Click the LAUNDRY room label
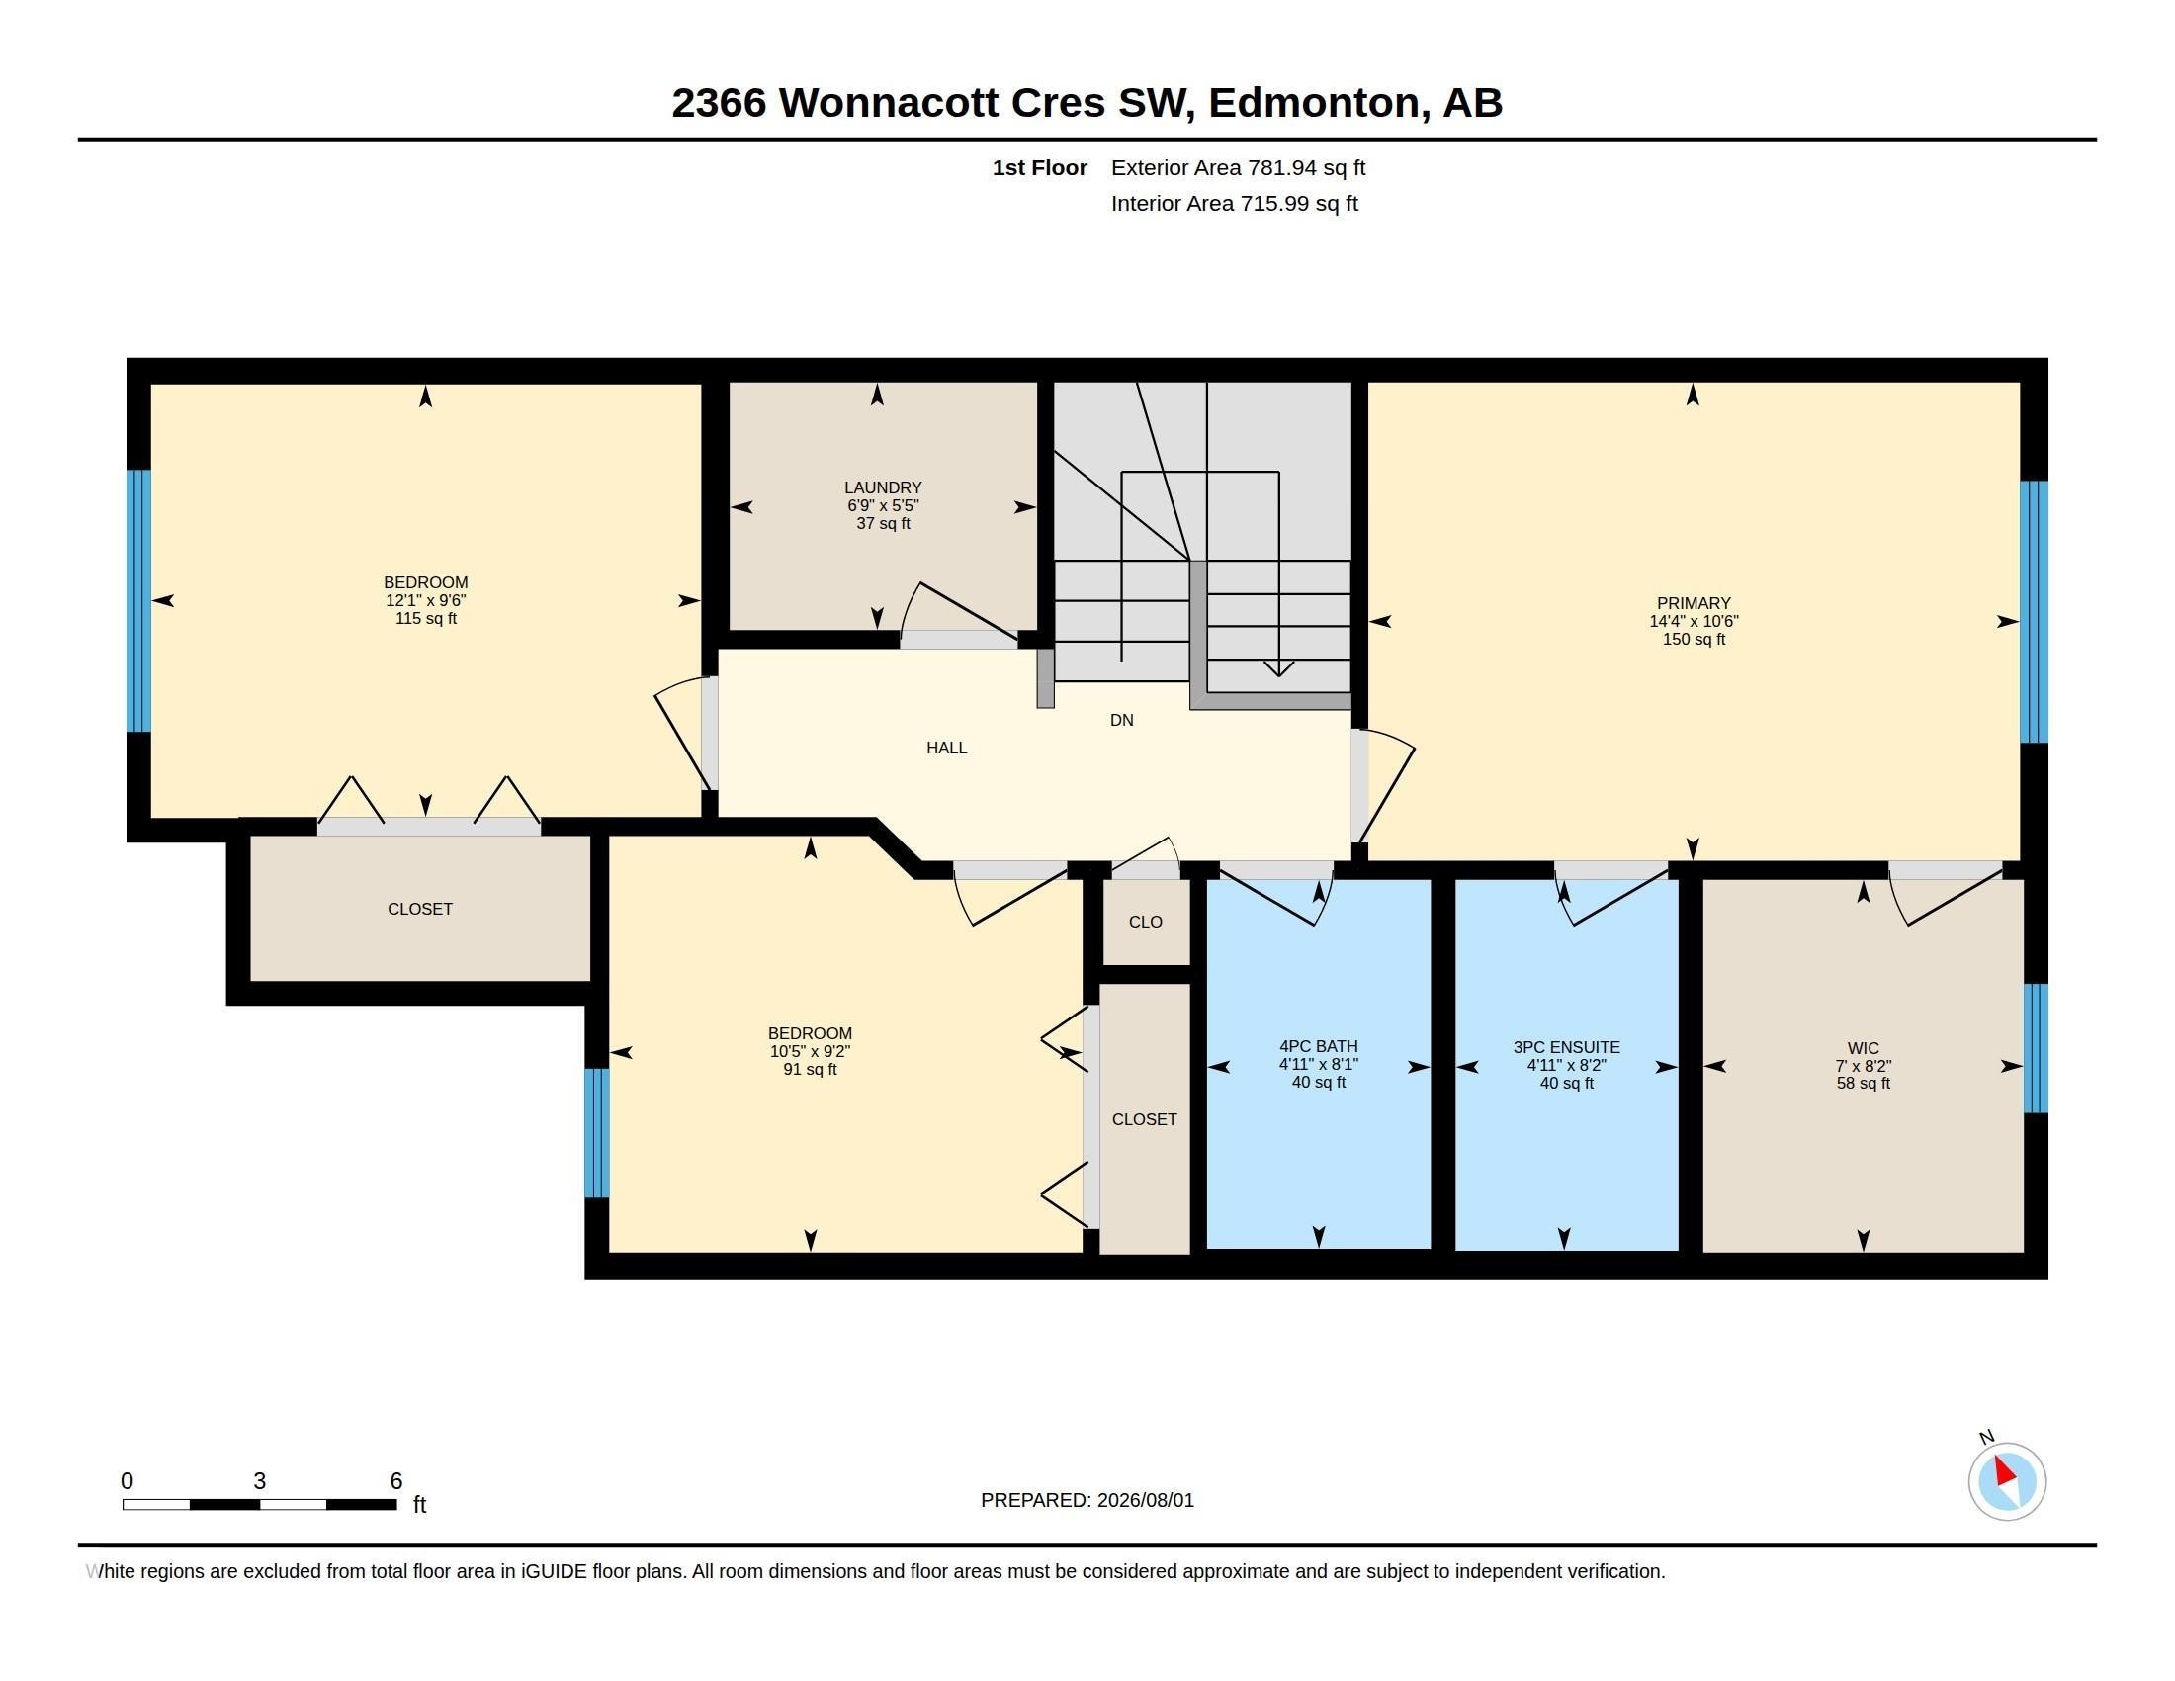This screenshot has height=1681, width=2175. coord(882,487)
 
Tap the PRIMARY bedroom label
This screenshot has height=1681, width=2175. coord(1693,603)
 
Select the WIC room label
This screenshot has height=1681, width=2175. coord(1863,1048)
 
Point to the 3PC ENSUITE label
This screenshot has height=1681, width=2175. coord(1566,1047)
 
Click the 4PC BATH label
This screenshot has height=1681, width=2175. coord(1319,1046)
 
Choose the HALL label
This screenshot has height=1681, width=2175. coord(946,748)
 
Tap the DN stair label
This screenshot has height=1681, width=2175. coord(1121,720)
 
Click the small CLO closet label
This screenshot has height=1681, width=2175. coord(1145,923)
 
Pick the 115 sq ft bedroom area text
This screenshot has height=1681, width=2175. coord(426,618)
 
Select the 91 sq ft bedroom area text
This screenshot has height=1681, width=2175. coord(810,1070)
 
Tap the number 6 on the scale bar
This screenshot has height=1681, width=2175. coord(395,1481)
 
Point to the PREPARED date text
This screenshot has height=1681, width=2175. coord(1087,1500)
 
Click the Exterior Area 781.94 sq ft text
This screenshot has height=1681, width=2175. coord(1238,168)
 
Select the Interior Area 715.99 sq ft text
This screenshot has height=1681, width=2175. coord(1234,204)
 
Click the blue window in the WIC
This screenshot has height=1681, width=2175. coord(2036,1047)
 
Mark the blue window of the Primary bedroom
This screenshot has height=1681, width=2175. coord(2034,611)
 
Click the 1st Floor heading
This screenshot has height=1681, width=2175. coord(1040,168)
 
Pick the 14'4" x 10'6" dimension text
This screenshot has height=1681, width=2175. coord(1693,621)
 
